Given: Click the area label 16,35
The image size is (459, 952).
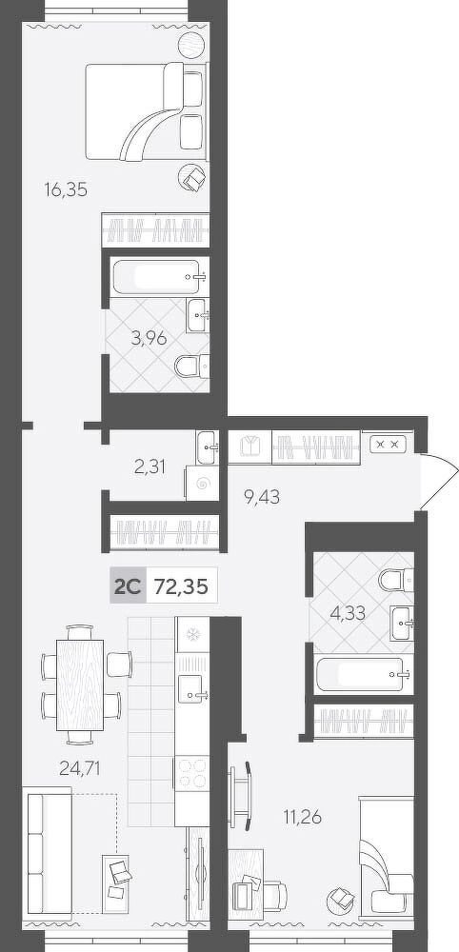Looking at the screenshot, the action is tap(66, 190).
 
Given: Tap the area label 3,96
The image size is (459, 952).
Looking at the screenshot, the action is tap(149, 338).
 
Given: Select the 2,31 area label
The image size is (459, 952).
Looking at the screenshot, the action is tap(150, 466).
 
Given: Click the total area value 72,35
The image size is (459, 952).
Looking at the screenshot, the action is tap(182, 586).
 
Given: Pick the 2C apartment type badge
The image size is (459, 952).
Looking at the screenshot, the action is tap(128, 586).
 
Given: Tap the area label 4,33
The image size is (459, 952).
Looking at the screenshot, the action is tap(348, 613).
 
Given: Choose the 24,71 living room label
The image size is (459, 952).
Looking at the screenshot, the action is tap(80, 769).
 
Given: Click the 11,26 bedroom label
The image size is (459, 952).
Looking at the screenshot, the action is tap(303, 817).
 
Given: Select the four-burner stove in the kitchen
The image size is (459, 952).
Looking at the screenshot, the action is tap(191, 772).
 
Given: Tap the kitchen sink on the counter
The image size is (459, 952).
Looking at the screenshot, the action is tap(192, 688).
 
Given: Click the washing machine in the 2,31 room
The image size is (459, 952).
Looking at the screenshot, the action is tap(202, 484).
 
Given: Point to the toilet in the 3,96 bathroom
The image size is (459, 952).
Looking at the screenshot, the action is tap(191, 366).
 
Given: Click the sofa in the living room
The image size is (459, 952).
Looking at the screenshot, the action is tap(48, 850).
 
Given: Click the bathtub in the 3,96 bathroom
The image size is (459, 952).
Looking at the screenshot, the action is tap(160, 277).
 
